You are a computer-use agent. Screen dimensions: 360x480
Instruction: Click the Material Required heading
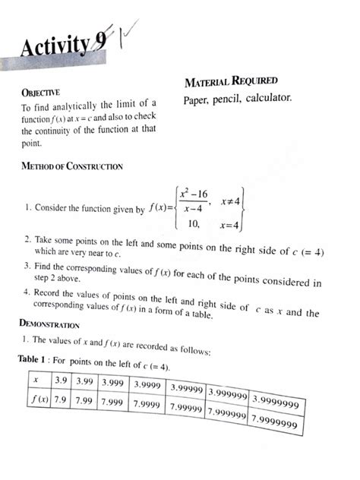point(231,81)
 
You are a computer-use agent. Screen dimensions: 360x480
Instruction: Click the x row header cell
point(34,377)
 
